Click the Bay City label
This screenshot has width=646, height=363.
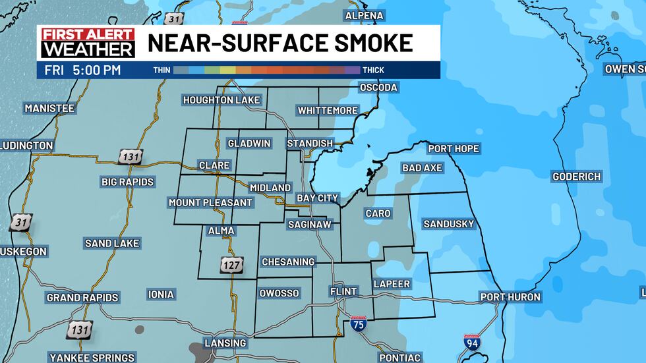click(x=317, y=198)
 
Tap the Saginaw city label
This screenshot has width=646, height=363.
click(x=313, y=225)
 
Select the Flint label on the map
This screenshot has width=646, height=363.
click(x=343, y=291)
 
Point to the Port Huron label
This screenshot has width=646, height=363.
click(x=510, y=297)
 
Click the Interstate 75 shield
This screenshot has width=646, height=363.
click(x=358, y=323)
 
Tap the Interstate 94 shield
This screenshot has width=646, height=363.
click(x=471, y=343)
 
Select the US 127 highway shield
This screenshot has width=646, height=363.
click(x=232, y=266)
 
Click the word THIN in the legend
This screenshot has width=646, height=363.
click(x=161, y=70)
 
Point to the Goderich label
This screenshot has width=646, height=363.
click(x=577, y=177)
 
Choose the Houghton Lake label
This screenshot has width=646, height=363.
click(x=221, y=100)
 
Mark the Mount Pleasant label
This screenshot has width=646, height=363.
click(x=210, y=203)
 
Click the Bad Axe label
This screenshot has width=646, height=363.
click(x=422, y=168)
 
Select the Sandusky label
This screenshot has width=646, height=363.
click(x=448, y=224)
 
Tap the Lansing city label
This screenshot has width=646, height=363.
click(x=225, y=343)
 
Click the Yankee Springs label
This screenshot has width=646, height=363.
click(x=90, y=358)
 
